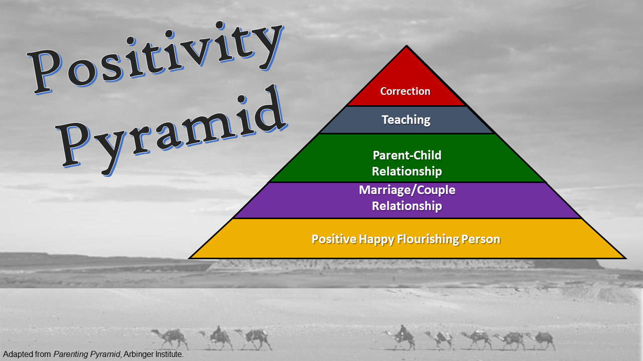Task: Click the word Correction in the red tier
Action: (405, 91)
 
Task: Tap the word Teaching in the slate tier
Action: (406, 120)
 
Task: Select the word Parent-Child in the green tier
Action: (407, 155)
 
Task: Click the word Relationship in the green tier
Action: (407, 171)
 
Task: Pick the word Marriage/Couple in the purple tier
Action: (407, 190)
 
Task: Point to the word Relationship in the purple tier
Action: (407, 206)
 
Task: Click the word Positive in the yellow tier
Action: (334, 239)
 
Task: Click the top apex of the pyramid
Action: (406, 46)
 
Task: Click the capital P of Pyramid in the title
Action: (73, 143)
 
